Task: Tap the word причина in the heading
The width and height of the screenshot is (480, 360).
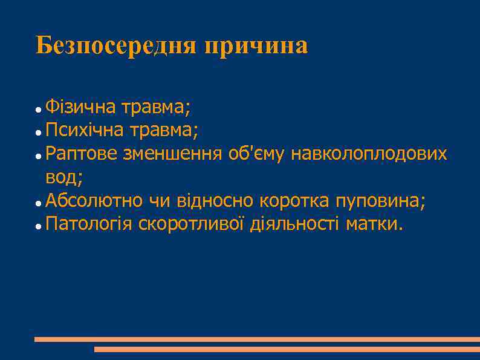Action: [256, 46]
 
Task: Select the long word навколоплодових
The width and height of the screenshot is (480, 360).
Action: [369, 154]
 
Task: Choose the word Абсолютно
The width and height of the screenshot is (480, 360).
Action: [94, 200]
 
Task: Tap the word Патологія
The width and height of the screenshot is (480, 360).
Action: [89, 224]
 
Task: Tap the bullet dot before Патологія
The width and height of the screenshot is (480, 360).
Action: [38, 226]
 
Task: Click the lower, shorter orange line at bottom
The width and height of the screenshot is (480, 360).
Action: [287, 349]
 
